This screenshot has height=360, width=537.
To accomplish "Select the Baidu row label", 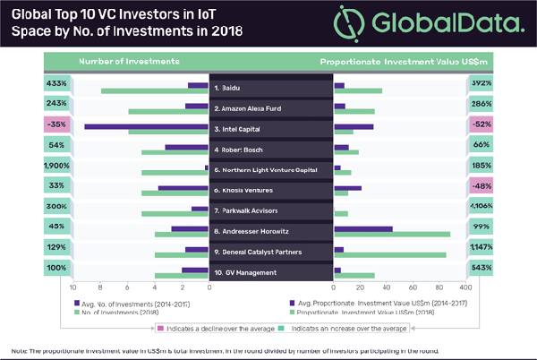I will pyautogui.click(x=232, y=90).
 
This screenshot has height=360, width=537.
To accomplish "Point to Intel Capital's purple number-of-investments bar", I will pyautogui.click(x=146, y=125).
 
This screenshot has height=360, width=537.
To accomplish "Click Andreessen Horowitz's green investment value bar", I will pyautogui.click(x=391, y=235).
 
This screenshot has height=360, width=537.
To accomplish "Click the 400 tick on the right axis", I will pyautogui.click(x=464, y=287).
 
